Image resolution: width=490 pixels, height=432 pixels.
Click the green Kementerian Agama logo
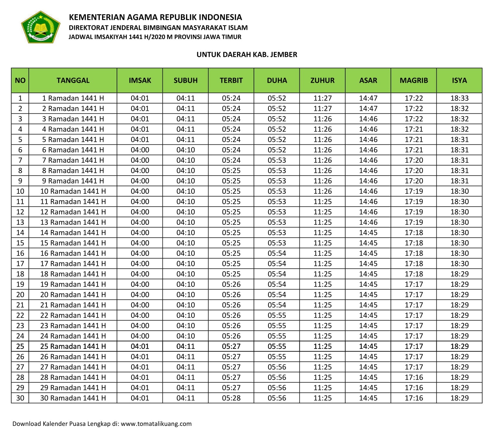click(x=40, y=27)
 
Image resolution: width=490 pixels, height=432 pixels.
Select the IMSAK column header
click(x=140, y=80)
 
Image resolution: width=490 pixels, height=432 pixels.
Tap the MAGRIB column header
click(x=413, y=80)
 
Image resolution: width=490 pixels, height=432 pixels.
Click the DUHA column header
click(x=277, y=80)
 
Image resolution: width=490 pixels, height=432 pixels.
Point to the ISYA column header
click(x=459, y=80)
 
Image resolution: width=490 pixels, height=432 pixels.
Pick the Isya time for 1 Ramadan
click(x=459, y=98)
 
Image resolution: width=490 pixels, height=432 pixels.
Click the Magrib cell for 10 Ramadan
click(x=414, y=191)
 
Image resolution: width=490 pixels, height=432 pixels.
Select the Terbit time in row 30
click(x=231, y=398)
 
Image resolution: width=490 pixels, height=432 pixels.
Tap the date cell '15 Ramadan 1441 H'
click(x=73, y=243)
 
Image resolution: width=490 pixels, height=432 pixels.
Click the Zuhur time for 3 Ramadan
click(x=322, y=119)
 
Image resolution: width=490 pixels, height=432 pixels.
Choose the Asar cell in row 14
click(x=368, y=233)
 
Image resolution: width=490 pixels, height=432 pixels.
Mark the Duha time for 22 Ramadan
click(x=277, y=315)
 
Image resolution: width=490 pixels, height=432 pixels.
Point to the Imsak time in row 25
click(x=140, y=346)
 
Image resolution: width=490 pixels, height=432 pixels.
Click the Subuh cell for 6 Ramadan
click(x=186, y=150)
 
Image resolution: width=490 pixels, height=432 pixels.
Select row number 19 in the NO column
click(x=20, y=284)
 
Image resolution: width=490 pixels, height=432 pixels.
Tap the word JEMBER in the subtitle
click(x=284, y=55)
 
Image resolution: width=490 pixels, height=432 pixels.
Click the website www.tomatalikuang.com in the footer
click(x=156, y=424)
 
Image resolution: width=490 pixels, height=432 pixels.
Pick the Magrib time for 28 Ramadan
click(x=414, y=377)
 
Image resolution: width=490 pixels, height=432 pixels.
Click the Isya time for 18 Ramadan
click(x=459, y=274)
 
